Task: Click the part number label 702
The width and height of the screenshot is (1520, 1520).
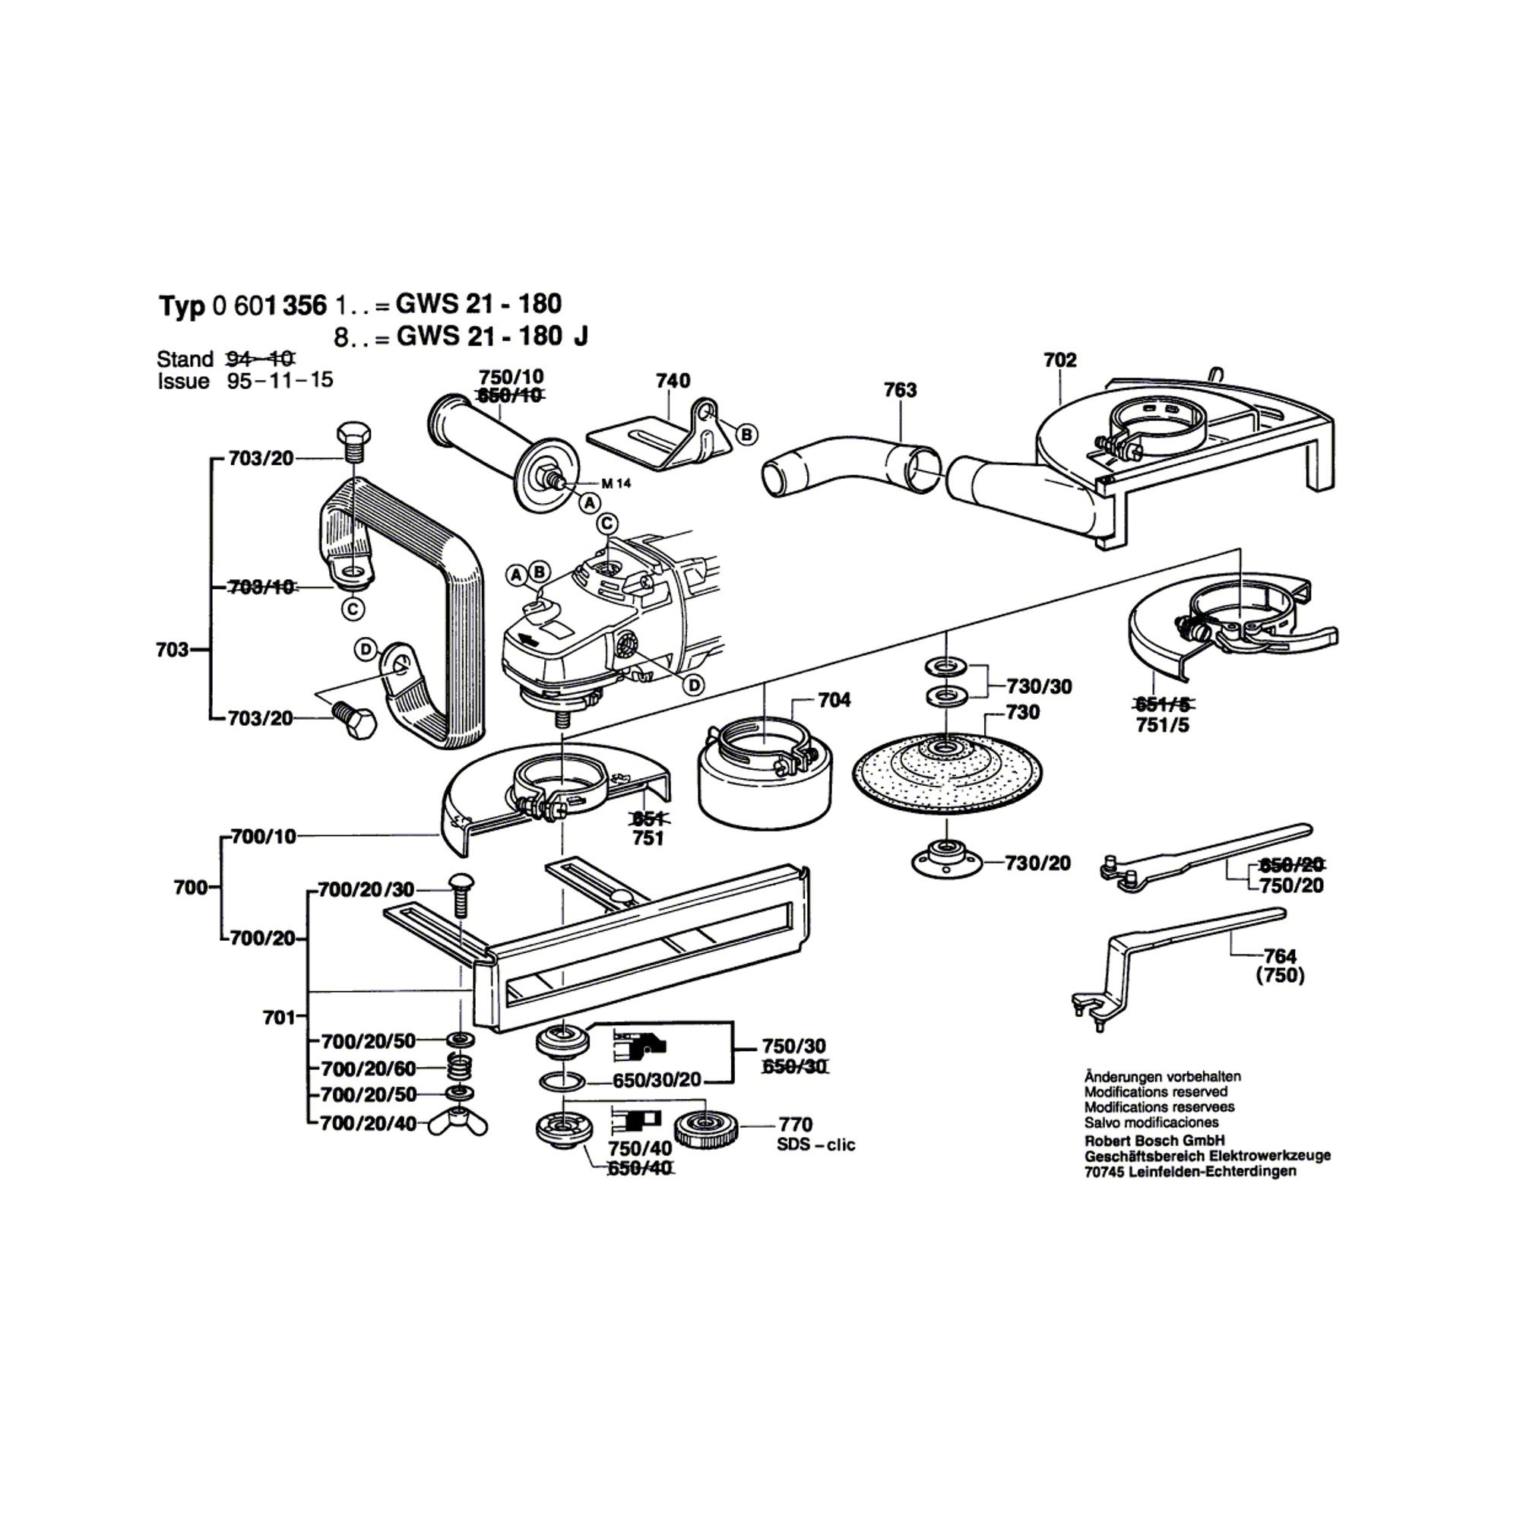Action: [x=1059, y=360]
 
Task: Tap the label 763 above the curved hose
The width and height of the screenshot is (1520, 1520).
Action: [x=900, y=390]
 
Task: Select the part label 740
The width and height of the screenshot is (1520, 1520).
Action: [x=673, y=381]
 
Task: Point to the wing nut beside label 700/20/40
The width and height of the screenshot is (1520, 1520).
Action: [x=459, y=1123]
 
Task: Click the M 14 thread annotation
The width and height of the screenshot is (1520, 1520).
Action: [x=616, y=484]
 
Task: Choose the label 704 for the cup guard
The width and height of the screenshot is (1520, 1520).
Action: [x=834, y=699]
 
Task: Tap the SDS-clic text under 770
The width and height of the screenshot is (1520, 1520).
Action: [x=815, y=1145]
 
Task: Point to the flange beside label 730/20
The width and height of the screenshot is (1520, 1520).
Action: [x=947, y=859]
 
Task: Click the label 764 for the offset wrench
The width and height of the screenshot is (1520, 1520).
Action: [x=1280, y=956]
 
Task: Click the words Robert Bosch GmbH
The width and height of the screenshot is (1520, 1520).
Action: [x=1154, y=1141]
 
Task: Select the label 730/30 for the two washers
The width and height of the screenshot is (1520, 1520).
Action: [x=1038, y=687]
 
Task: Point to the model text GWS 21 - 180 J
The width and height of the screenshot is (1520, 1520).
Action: [x=492, y=337]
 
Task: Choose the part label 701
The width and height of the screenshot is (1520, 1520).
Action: [x=279, y=1018]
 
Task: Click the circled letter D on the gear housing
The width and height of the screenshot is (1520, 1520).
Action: [x=694, y=686]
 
